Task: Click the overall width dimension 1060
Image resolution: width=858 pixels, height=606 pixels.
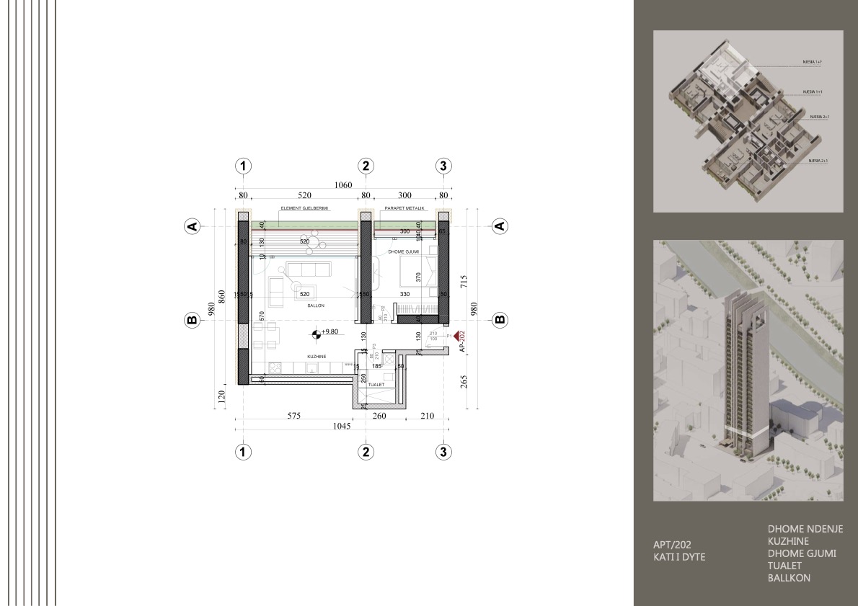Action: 343,185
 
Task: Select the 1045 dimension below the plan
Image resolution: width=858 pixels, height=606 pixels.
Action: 342,427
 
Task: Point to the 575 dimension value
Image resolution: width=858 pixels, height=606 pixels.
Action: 293,416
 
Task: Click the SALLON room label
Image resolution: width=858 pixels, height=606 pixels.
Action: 316,306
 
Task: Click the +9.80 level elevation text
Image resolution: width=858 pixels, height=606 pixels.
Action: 331,332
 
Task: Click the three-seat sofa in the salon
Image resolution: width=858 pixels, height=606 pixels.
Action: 309,269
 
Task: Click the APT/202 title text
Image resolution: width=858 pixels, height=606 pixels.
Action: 672,545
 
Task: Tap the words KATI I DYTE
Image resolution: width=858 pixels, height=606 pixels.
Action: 678,557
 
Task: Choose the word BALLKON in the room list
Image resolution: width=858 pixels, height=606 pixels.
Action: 789,578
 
